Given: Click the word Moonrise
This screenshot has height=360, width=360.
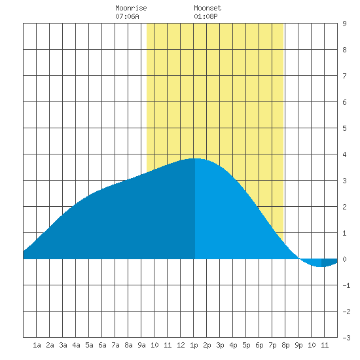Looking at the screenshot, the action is (x=131, y=8).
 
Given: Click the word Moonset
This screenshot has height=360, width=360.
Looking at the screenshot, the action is (x=207, y=8).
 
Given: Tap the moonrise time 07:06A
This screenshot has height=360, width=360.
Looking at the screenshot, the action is (x=127, y=16).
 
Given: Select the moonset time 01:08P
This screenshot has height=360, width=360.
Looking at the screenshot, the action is (x=206, y=16).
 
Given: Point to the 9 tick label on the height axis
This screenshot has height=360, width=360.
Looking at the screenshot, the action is (x=344, y=24).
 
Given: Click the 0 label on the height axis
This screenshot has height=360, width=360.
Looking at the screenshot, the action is (x=344, y=259).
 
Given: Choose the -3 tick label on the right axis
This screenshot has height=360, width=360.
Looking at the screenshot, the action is (x=346, y=338).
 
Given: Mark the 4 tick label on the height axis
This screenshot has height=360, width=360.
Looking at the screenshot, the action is (x=344, y=154).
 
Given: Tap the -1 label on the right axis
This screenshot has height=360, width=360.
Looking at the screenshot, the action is (x=346, y=285).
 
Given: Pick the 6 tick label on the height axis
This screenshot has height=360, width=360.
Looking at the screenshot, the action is (x=344, y=102).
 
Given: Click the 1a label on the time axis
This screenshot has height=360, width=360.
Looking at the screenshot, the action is (x=37, y=345).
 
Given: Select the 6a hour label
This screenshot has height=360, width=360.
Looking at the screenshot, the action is (x=102, y=345).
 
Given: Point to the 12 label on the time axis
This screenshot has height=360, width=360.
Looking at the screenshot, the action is (x=181, y=345).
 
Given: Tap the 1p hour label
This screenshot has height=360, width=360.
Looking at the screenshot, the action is (x=194, y=345).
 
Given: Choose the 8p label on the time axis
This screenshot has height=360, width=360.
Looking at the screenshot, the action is (x=285, y=345).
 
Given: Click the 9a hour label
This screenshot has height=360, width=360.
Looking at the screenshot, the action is (x=141, y=345).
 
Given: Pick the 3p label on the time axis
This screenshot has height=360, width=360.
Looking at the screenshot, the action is (x=220, y=345).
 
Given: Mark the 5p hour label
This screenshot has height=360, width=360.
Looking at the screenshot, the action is (x=246, y=345).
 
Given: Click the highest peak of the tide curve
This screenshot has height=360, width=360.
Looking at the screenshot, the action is (x=195, y=158).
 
